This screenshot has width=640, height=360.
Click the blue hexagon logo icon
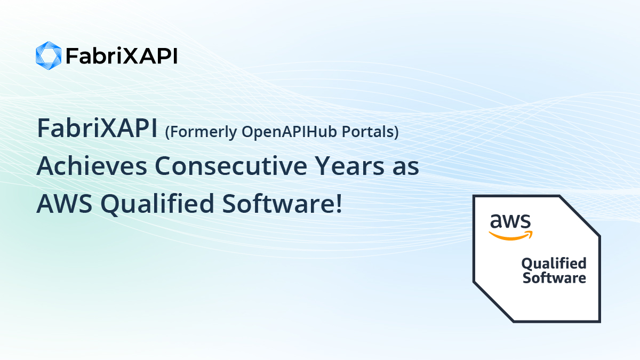pos(49,55)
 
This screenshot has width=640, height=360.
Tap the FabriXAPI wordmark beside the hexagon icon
pos(121,56)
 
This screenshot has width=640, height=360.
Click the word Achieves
pos(91,166)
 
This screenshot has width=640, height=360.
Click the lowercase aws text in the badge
pos(510,221)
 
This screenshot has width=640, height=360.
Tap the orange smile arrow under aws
pos(511,235)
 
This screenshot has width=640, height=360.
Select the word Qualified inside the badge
pos(554,263)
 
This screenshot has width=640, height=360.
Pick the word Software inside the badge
pos(554,278)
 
